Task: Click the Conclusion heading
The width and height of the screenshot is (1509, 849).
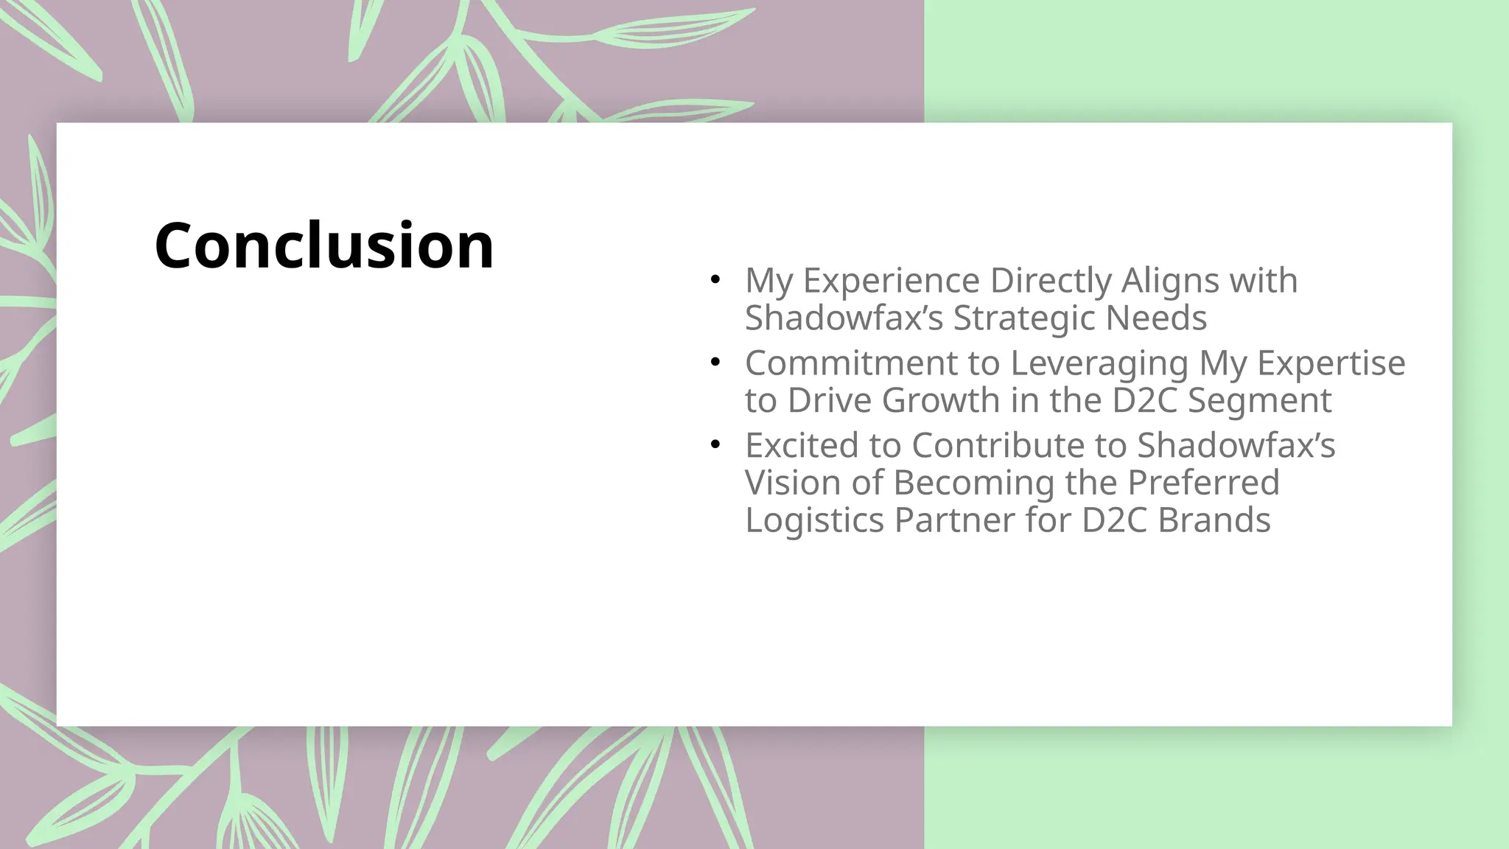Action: pyautogui.click(x=324, y=245)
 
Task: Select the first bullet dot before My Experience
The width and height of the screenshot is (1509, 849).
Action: pyautogui.click(x=714, y=280)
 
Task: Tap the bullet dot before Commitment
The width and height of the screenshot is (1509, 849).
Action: pyautogui.click(x=714, y=363)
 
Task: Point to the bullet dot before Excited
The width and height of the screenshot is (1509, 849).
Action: pyautogui.click(x=714, y=445)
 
